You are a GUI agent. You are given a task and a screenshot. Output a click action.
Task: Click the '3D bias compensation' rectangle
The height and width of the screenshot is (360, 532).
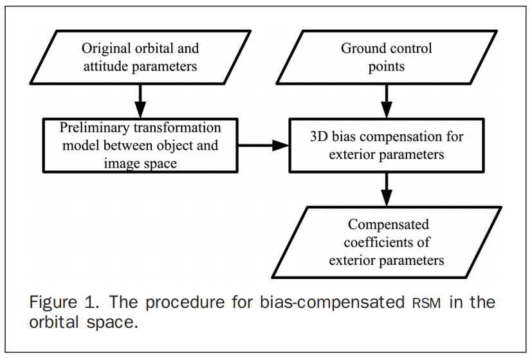tap(386, 146)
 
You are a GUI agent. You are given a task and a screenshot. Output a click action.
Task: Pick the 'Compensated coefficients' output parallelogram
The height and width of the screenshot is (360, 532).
tap(386, 243)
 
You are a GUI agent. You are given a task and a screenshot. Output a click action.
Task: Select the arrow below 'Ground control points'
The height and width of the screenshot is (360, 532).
tap(386, 100)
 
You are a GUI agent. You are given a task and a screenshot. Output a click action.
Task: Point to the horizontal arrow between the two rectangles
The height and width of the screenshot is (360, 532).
tap(263, 146)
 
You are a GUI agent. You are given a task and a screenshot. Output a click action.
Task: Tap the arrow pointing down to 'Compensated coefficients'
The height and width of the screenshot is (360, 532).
tap(386, 190)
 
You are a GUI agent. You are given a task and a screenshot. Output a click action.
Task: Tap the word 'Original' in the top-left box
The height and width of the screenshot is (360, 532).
tap(104, 49)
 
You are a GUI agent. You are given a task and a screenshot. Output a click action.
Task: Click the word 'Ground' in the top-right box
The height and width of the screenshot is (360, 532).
tap(365, 49)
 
